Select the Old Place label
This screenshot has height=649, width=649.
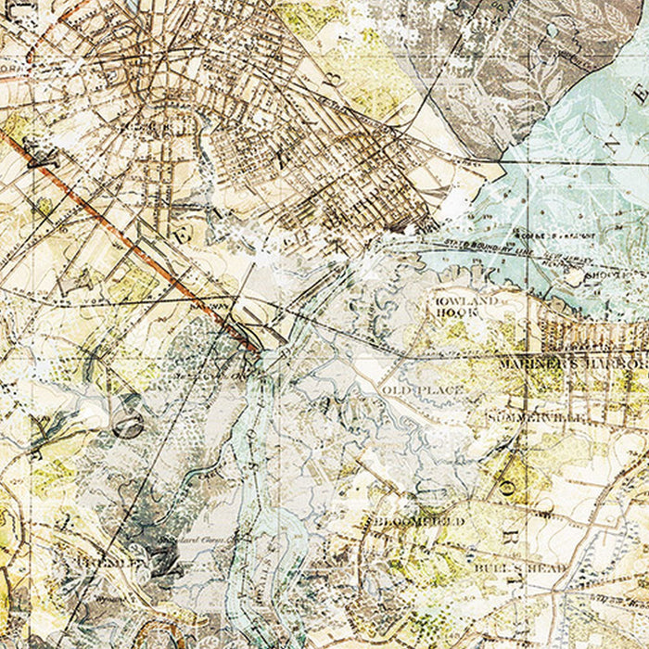tap(423, 390)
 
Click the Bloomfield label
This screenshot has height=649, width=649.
tap(418, 522)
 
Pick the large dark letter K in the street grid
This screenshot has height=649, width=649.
tap(283, 154)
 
